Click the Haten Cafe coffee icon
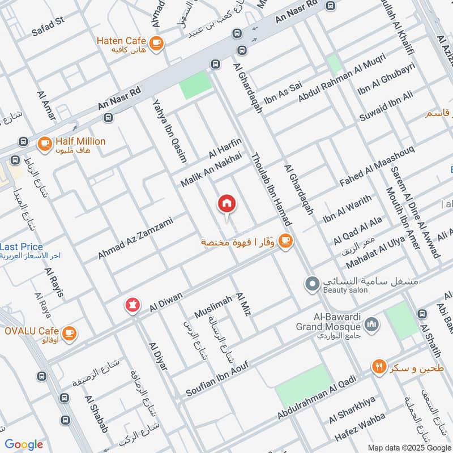156,42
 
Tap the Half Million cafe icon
44,144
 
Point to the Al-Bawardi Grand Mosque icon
371,324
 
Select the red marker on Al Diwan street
133,306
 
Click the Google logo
24,445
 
